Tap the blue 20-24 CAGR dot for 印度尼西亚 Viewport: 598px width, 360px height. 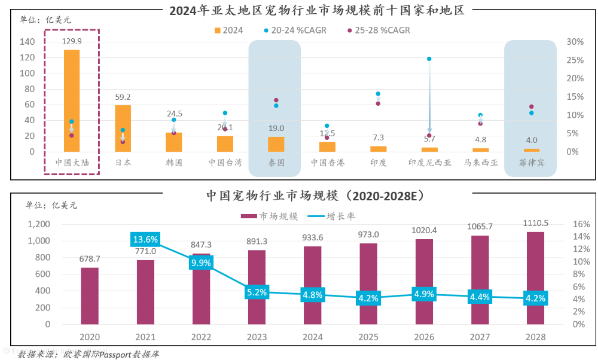[x=429, y=59]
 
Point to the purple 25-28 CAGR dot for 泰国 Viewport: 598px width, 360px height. [x=276, y=100]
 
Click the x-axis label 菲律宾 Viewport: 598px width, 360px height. [x=531, y=162]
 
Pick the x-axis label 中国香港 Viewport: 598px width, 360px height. [x=327, y=162]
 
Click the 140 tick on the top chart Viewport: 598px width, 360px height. [x=27, y=42]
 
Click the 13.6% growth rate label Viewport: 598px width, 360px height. [x=145, y=239]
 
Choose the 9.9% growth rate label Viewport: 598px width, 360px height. [x=200, y=263]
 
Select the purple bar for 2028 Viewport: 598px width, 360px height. [x=536, y=277]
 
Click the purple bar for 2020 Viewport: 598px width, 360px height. [x=90, y=295]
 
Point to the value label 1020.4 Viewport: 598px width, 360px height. [x=425, y=230]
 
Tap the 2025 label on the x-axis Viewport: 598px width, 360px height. [x=368, y=337]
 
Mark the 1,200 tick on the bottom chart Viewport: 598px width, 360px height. [x=39, y=224]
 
